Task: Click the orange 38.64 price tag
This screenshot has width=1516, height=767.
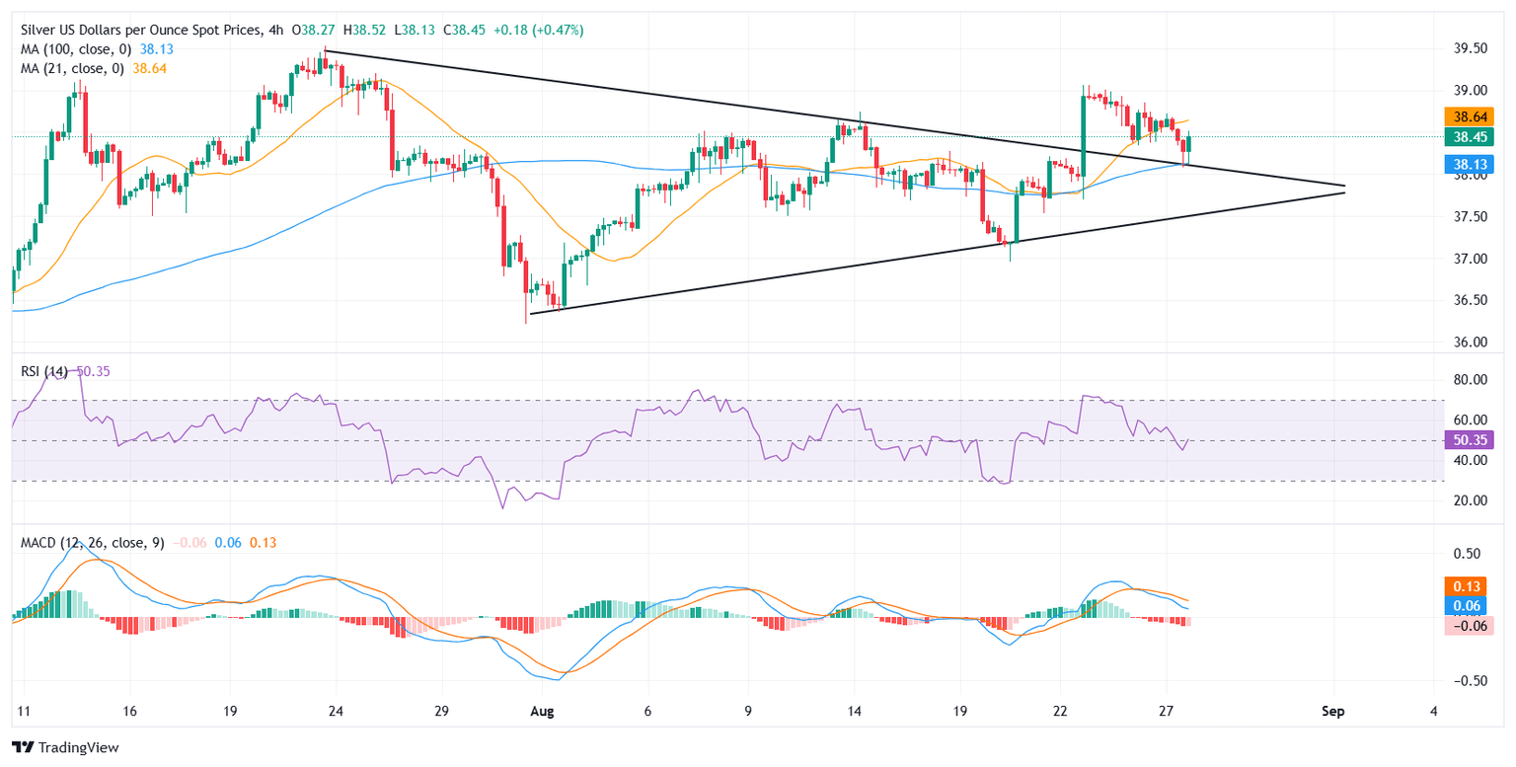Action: [1467, 116]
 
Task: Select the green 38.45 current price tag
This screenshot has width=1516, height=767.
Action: [1467, 137]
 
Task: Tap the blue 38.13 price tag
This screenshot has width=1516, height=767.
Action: [1467, 164]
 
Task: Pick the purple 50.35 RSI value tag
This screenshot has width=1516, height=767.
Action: [1467, 441]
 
